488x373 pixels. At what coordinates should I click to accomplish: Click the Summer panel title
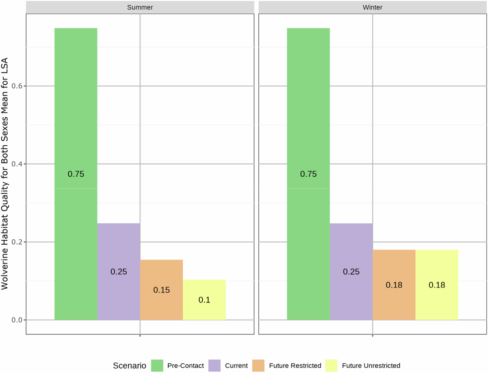pyautogui.click(x=140, y=7)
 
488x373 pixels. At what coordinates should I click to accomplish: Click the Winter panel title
pyautogui.click(x=372, y=7)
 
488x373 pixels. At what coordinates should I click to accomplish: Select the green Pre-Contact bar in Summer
pyautogui.click(x=76, y=174)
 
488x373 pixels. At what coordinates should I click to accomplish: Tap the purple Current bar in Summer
pyautogui.click(x=119, y=271)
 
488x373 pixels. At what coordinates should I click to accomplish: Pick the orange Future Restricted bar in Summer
pyautogui.click(x=161, y=290)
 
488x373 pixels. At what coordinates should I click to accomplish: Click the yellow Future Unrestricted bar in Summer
pyautogui.click(x=204, y=300)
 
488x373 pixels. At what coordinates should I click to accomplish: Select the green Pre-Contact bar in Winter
pyautogui.click(x=308, y=174)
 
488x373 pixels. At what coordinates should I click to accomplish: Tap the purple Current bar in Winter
pyautogui.click(x=351, y=271)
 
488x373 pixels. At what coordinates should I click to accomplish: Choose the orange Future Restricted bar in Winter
pyautogui.click(x=394, y=285)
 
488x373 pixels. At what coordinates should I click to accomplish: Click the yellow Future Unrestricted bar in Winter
pyautogui.click(x=437, y=285)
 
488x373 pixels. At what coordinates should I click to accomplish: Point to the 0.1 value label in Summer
pyautogui.click(x=204, y=300)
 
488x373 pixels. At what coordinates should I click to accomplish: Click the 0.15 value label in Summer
pyautogui.click(x=161, y=290)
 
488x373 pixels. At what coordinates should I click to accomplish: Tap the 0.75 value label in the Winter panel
pyautogui.click(x=308, y=174)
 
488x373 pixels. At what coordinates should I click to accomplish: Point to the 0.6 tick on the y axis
pyautogui.click(x=17, y=86)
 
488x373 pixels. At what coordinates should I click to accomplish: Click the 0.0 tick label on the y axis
pyautogui.click(x=17, y=320)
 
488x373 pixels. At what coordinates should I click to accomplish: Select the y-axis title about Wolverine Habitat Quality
pyautogui.click(x=5, y=174)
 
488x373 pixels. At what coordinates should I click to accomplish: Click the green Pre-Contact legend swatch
pyautogui.click(x=157, y=365)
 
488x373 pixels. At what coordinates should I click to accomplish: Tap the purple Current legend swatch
pyautogui.click(x=214, y=365)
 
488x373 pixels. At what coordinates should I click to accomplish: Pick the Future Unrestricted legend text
pyautogui.click(x=371, y=365)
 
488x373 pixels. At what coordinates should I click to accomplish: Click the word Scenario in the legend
pyautogui.click(x=129, y=365)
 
